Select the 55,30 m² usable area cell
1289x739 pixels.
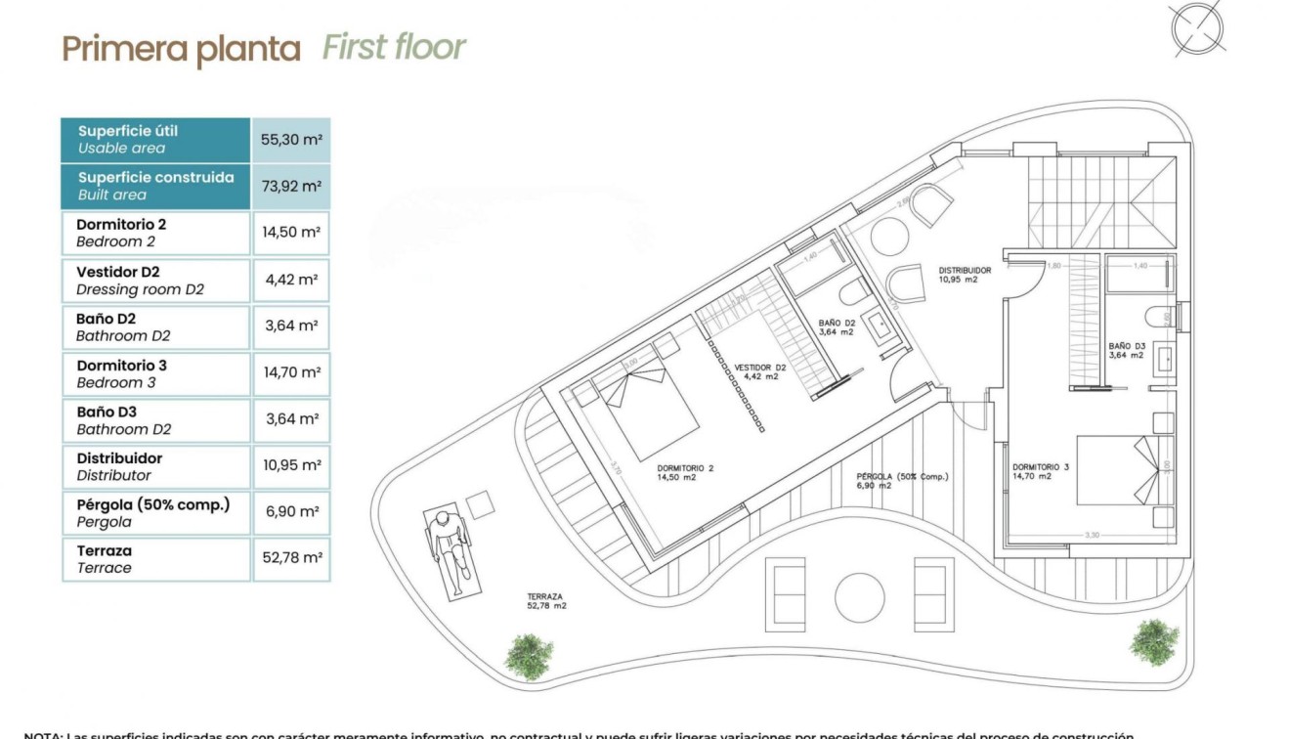(x=291, y=140)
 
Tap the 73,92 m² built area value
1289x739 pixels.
(x=291, y=186)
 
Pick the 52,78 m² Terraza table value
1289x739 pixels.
(x=291, y=558)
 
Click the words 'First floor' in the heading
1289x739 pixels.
(x=394, y=47)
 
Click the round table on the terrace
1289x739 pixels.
(x=860, y=594)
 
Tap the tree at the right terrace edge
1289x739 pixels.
(x=1153, y=641)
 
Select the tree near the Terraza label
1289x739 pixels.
(x=529, y=656)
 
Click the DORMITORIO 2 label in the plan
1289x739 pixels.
(x=685, y=473)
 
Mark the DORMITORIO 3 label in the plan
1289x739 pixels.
(x=1041, y=472)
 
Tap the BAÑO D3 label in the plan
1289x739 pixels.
(x=1126, y=350)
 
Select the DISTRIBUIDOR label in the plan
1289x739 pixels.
(x=966, y=275)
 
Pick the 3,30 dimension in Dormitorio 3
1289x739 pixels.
(x=1093, y=535)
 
